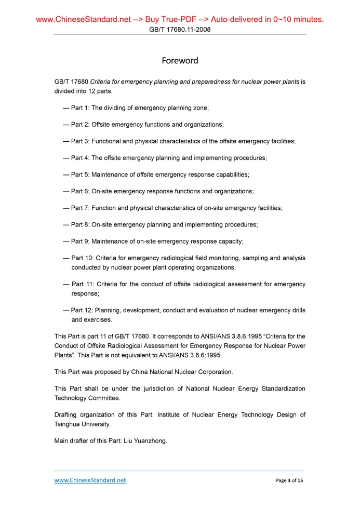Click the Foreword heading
180,61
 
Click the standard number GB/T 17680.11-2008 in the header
180,30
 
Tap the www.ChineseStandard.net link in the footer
90,480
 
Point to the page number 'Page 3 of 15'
289,481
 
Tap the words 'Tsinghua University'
82,424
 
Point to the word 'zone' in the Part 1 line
199,108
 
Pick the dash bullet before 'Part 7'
66,208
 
